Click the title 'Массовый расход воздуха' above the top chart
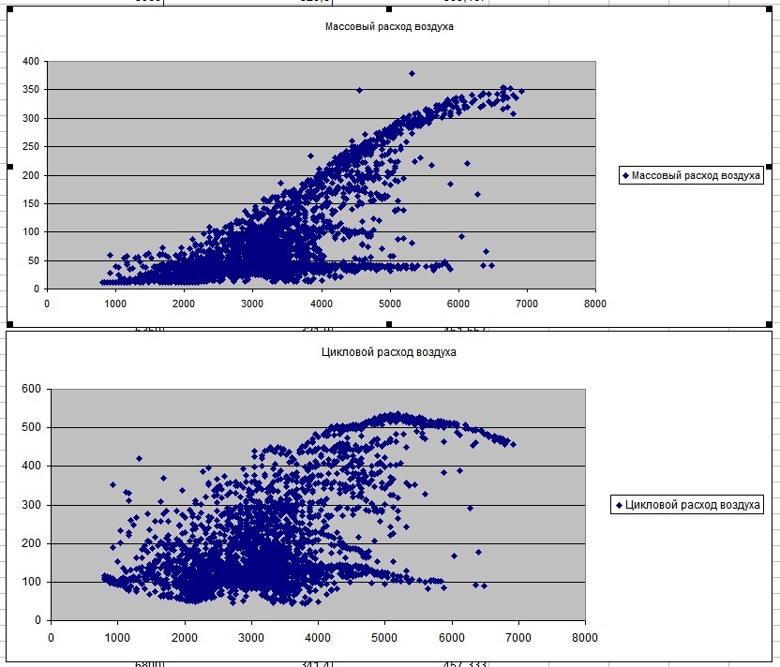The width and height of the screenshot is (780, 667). pyautogui.click(x=389, y=27)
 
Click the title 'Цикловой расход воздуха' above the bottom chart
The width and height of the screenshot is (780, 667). pyautogui.click(x=389, y=352)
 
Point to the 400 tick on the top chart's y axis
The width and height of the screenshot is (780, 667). pyautogui.click(x=31, y=61)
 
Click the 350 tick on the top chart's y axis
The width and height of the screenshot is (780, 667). pyautogui.click(x=31, y=90)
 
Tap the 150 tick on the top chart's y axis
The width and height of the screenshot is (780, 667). pyautogui.click(x=31, y=203)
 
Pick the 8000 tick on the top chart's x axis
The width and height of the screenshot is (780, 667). pyautogui.click(x=594, y=304)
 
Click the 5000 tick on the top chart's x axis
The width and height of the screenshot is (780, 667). pyautogui.click(x=389, y=304)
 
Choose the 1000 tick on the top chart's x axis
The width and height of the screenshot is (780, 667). pyautogui.click(x=115, y=304)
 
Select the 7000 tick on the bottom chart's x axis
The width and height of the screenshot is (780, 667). pyautogui.click(x=518, y=637)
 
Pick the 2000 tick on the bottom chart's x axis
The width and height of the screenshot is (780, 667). pyautogui.click(x=184, y=637)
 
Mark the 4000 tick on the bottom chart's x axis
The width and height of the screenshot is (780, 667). pyautogui.click(x=318, y=637)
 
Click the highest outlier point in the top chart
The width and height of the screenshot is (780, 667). pyautogui.click(x=412, y=73)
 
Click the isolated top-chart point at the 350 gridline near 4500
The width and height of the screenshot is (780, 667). pyautogui.click(x=359, y=90)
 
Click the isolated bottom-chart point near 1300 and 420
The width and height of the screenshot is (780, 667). pyautogui.click(x=139, y=458)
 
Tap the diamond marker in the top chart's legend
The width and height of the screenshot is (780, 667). pyautogui.click(x=625, y=175)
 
